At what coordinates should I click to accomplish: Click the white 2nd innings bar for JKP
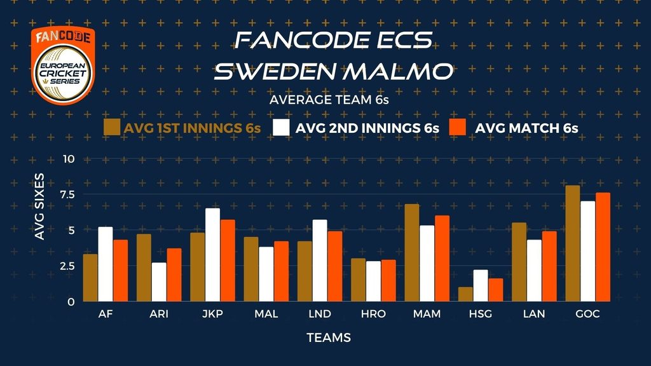pos(212,255)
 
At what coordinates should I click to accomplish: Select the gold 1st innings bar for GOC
pos(573,243)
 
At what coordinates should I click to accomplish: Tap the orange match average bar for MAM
pos(442,259)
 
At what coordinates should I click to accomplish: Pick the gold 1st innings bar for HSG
pos(465,294)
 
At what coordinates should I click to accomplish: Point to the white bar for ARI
pos(159,282)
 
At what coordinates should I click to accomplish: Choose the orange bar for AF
pos(120,271)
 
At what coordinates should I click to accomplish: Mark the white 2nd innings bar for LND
pos(320,261)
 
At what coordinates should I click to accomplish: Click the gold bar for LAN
pos(519,262)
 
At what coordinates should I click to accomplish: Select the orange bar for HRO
pos(388,281)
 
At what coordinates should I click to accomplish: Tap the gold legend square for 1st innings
pos(112,127)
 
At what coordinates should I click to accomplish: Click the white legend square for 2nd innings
pos(281,127)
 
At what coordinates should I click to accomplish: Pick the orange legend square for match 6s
pos(458,127)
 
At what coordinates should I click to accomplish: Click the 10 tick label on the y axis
pos(69,159)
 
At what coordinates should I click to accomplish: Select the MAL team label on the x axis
pos(266,314)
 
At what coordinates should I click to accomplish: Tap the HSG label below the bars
pos(481,314)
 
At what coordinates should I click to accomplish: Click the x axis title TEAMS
pos(329,338)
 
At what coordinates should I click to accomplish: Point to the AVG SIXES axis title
pos(39,207)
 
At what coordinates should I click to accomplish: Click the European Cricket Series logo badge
pos(63,65)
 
